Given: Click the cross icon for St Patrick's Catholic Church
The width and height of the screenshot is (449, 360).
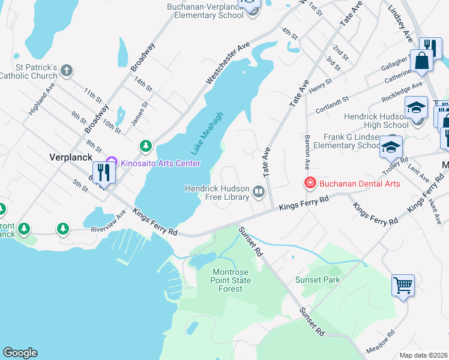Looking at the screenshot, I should pyautogui.click(x=67, y=70).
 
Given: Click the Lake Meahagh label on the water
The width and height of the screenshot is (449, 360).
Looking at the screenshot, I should pyautogui.click(x=207, y=133).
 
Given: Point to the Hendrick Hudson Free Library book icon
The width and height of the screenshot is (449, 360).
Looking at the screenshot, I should pyautogui.click(x=259, y=192).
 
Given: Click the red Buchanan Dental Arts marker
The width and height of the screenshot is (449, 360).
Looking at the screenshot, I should pyautogui.click(x=310, y=182).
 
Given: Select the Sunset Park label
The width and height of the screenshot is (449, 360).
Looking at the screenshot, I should pyautogui.click(x=318, y=280).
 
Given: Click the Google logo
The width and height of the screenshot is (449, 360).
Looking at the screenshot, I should pyautogui.click(x=20, y=353).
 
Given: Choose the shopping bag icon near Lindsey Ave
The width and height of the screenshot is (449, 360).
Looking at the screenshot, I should pyautogui.click(x=421, y=60).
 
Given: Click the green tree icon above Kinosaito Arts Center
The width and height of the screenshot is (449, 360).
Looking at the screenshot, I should pyautogui.click(x=145, y=145).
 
